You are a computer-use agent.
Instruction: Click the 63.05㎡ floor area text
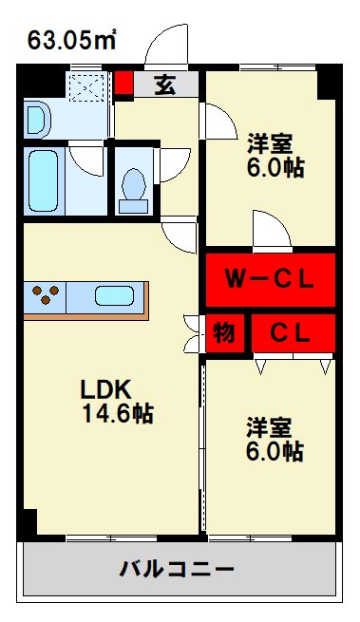71,39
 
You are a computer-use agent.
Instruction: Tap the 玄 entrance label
165,85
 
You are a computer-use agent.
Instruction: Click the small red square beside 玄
123,83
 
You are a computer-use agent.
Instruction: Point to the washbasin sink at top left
37,120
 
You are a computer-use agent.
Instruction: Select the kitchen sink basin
116,296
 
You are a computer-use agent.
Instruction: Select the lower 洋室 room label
270,426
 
